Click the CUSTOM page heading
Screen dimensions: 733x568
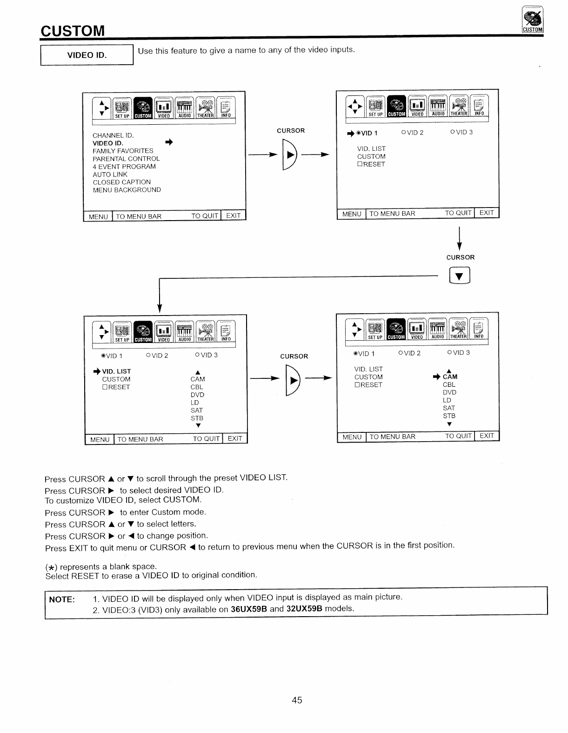[x=73, y=31]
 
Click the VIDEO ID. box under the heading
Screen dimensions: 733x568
[x=87, y=55]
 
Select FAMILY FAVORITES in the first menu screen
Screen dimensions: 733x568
[x=123, y=151]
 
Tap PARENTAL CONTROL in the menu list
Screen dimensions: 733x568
[x=126, y=159]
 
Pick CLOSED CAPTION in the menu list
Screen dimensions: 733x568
[x=121, y=182]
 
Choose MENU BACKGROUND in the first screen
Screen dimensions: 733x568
[x=127, y=190]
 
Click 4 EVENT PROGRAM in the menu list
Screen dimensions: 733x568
[x=124, y=167]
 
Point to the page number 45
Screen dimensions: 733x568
[x=297, y=700]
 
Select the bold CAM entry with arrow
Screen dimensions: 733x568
[x=450, y=377]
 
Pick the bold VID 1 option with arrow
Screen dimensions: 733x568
[x=367, y=133]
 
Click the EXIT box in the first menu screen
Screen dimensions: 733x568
[x=234, y=216]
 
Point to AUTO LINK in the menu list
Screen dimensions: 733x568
[x=110, y=175]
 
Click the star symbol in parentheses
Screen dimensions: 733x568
[x=51, y=567]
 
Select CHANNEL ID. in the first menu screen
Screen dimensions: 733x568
[x=113, y=135]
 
